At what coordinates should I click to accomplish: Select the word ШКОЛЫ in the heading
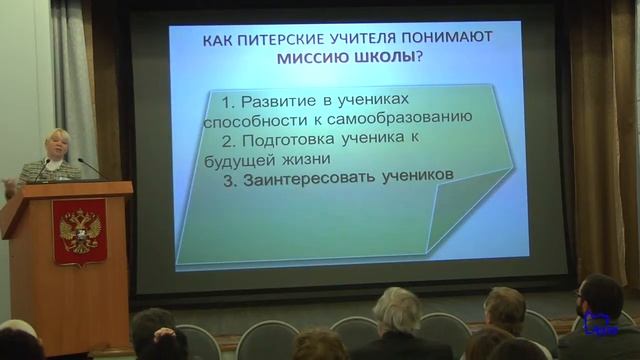point(381,57)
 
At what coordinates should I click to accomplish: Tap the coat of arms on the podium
point(79,229)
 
